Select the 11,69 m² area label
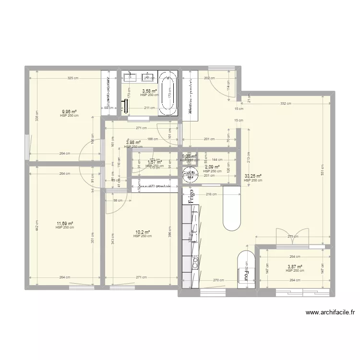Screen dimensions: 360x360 click(x=64, y=224)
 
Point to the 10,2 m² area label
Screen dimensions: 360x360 click(x=142, y=232)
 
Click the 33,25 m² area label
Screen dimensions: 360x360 click(x=253, y=176)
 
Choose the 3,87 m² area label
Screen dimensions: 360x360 click(x=294, y=267)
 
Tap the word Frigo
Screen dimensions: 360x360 click(x=191, y=195)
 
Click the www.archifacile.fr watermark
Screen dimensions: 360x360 click(x=330, y=312)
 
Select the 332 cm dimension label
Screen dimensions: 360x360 click(x=285, y=103)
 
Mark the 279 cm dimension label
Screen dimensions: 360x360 click(x=292, y=236)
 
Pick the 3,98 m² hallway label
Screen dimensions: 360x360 click(x=133, y=142)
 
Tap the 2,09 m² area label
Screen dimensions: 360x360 click(x=212, y=168)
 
